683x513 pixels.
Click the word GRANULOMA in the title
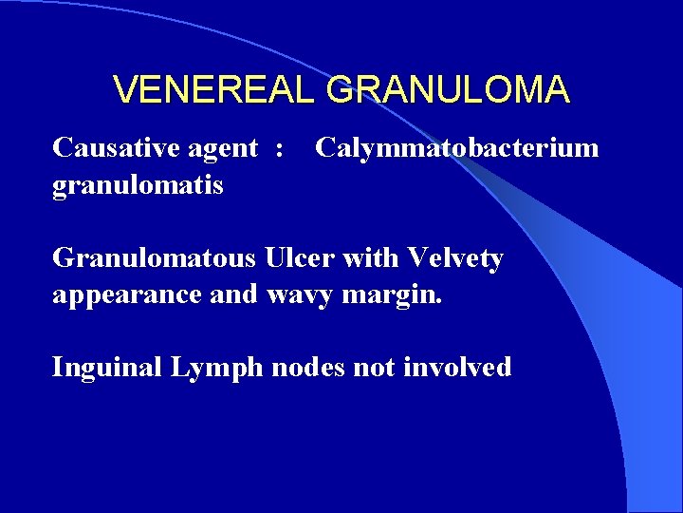click(x=448, y=90)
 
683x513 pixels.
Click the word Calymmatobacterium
click(x=456, y=148)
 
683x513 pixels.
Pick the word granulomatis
click(x=138, y=186)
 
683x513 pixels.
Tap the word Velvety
click(x=454, y=258)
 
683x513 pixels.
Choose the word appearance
click(x=127, y=295)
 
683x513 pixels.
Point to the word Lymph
click(x=216, y=368)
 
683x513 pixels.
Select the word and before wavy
click(x=233, y=294)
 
